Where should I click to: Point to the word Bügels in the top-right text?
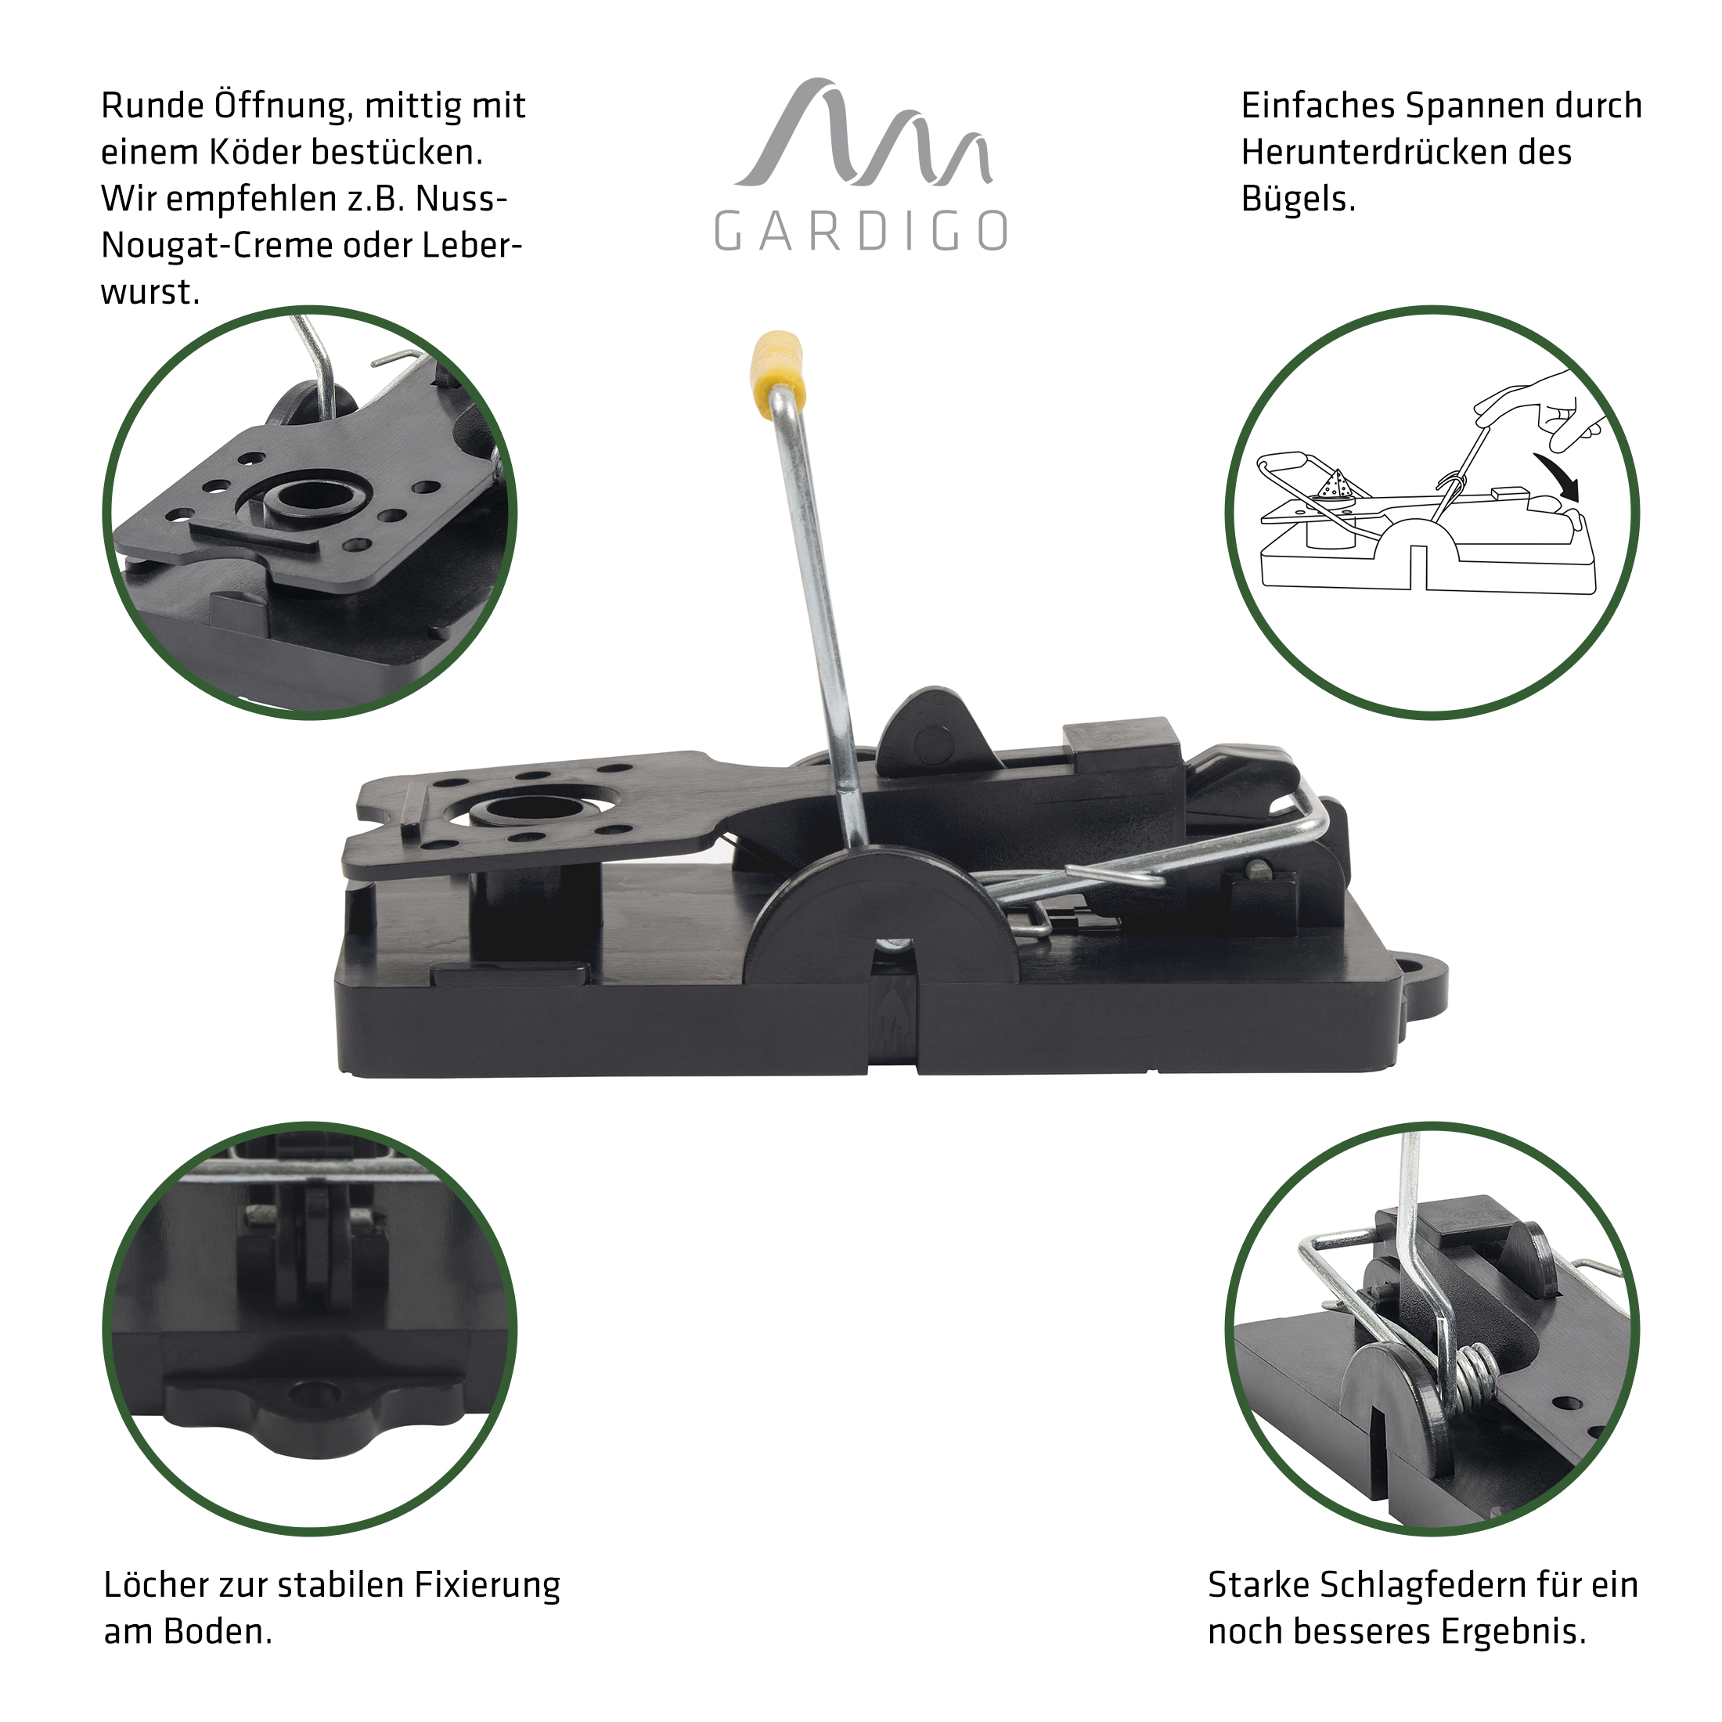point(1298,200)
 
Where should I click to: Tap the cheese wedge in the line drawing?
point(1335,488)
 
